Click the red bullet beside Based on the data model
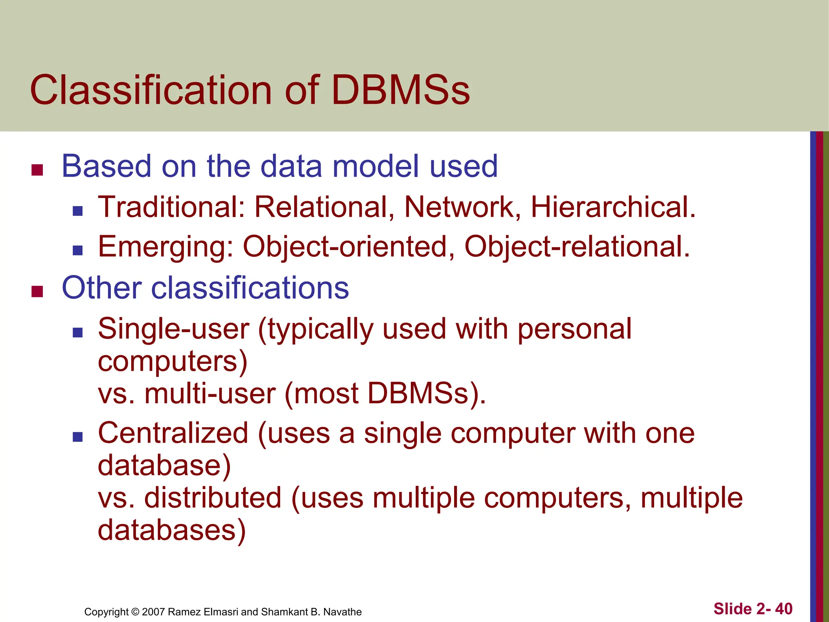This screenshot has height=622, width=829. pos(37,170)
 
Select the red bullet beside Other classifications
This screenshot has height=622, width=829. pos(37,291)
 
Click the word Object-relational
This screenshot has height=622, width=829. pos(577,247)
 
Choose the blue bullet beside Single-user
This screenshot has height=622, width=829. pos(77,332)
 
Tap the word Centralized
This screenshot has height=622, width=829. pos(173,433)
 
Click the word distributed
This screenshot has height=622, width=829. pos(213,498)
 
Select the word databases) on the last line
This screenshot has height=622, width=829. pos(172,530)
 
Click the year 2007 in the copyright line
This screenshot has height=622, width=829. pos(153,612)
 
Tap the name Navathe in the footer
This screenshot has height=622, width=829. pos(342,612)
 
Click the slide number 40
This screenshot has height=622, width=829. pos(784,609)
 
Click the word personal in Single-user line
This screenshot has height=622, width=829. pos(574,328)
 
